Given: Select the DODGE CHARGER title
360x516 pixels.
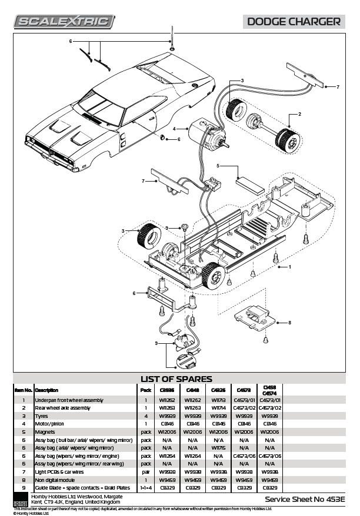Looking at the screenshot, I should [294, 22].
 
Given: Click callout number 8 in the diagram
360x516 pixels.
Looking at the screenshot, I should [289, 323].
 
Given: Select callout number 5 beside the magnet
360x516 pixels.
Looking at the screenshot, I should [218, 166].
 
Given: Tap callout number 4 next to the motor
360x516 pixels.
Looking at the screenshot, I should [174, 128].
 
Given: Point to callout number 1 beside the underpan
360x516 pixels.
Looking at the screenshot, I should [289, 267].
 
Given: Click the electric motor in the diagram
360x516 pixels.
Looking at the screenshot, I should [202, 133].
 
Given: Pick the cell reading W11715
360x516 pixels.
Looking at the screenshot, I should [218, 448].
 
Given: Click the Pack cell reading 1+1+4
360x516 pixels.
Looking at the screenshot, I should [146, 488].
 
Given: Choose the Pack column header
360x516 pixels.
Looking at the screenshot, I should [145, 390].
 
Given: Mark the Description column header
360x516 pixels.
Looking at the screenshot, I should [46, 390].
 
